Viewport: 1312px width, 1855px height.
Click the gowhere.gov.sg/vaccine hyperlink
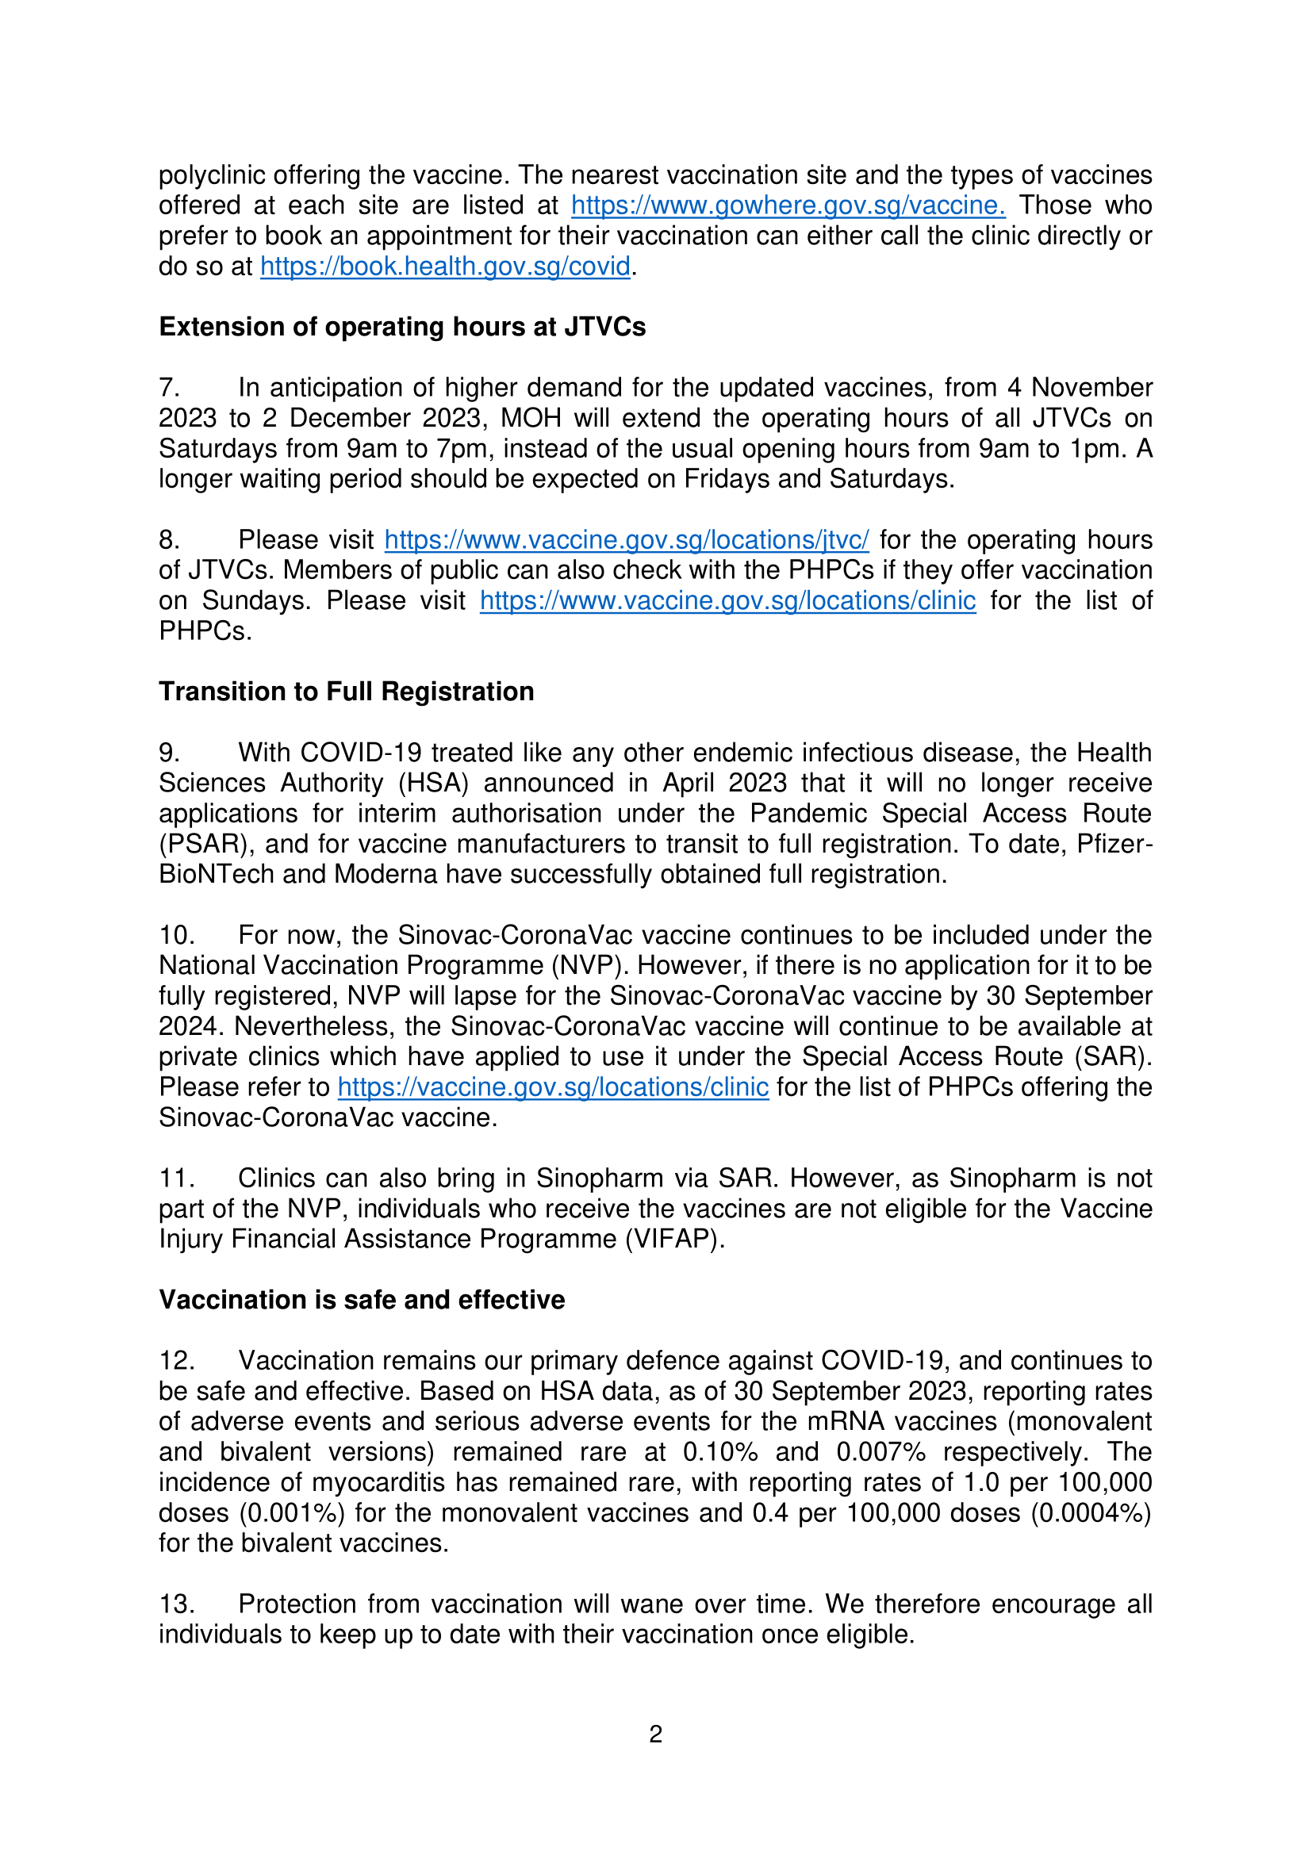click(788, 206)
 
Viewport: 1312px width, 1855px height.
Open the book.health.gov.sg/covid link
click(445, 266)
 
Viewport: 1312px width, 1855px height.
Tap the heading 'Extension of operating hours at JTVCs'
click(402, 328)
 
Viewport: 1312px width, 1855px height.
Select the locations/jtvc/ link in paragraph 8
click(626, 540)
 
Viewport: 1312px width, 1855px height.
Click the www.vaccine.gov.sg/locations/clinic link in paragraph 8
click(727, 601)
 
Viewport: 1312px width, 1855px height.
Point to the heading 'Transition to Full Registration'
click(347, 692)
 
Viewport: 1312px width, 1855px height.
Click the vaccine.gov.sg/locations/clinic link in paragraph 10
click(553, 1087)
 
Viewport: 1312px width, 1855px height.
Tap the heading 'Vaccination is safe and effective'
click(362, 1300)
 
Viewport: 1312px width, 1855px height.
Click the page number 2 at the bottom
click(655, 1734)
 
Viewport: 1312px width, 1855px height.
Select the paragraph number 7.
click(169, 389)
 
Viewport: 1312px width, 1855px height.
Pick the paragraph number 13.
click(176, 1604)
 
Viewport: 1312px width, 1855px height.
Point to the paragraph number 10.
click(176, 936)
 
